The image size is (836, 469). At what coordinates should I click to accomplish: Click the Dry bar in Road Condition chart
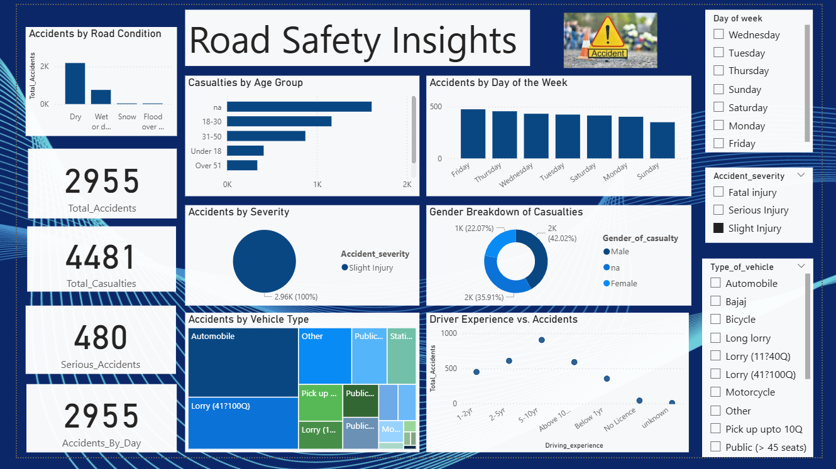[x=75, y=84]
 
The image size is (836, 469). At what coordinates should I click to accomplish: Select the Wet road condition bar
[x=101, y=97]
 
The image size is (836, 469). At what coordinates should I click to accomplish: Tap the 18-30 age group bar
[x=279, y=121]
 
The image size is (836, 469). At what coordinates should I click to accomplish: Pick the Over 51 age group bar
[x=242, y=165]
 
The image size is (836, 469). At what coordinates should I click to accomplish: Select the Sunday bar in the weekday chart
[x=662, y=140]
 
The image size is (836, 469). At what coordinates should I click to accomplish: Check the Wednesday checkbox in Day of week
[x=718, y=35]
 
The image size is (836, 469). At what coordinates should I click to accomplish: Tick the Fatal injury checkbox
[x=718, y=192]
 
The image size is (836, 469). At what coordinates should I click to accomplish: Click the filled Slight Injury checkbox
[x=718, y=229]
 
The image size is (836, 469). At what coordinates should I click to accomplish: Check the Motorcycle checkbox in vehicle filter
[x=715, y=392]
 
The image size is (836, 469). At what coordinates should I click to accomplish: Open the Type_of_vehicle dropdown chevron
[x=801, y=266]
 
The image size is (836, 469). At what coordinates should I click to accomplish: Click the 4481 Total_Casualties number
[x=101, y=258]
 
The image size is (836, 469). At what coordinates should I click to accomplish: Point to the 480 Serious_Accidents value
[x=101, y=338]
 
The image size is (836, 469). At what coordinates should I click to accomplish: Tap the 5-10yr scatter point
[x=541, y=340]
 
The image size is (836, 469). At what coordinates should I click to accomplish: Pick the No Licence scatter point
[x=639, y=401]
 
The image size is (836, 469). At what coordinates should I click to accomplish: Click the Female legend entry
[x=623, y=284]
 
